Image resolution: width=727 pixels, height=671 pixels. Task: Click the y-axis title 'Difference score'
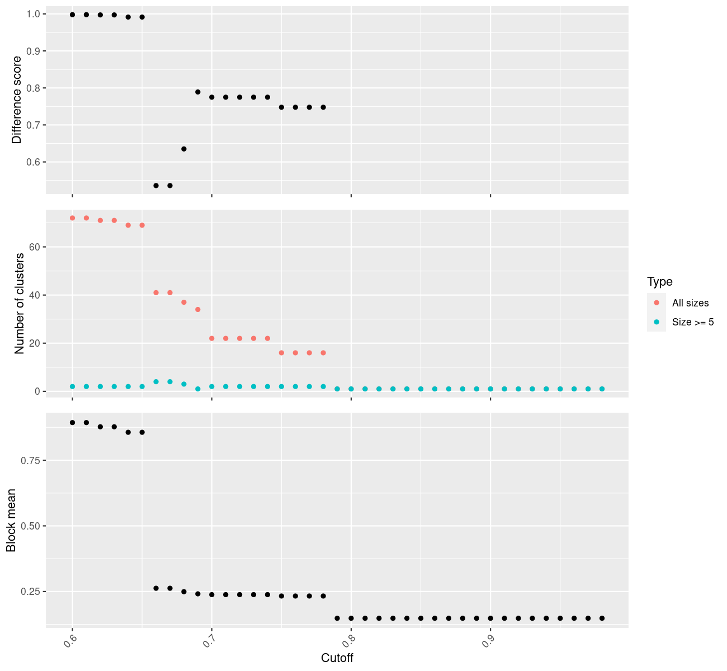[x=17, y=100]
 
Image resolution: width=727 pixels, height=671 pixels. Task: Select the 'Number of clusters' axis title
[x=20, y=304]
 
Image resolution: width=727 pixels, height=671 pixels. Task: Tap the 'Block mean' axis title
[x=11, y=521]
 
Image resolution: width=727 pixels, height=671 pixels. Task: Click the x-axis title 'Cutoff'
[x=337, y=658]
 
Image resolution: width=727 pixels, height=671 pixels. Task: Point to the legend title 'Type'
[x=659, y=282]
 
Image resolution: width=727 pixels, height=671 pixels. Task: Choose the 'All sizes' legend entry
[x=690, y=303]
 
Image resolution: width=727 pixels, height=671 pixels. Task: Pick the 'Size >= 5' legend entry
[x=693, y=322]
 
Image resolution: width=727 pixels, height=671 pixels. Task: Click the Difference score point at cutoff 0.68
[x=184, y=149]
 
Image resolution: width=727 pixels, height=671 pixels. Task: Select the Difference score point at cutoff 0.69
[x=198, y=92]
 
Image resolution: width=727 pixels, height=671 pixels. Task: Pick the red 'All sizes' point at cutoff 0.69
[x=198, y=309]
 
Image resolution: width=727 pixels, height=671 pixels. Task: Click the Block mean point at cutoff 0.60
[x=73, y=423]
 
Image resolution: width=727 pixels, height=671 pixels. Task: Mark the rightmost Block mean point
[x=602, y=618]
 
